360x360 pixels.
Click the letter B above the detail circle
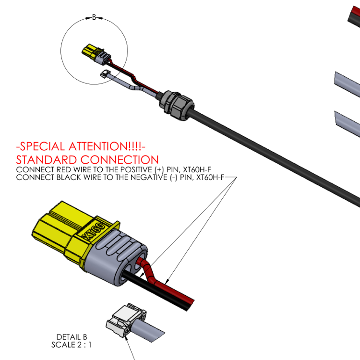(x=94, y=17)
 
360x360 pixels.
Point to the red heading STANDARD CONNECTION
(x=87, y=160)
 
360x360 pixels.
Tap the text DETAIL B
(x=72, y=337)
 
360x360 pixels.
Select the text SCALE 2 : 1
(x=72, y=345)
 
